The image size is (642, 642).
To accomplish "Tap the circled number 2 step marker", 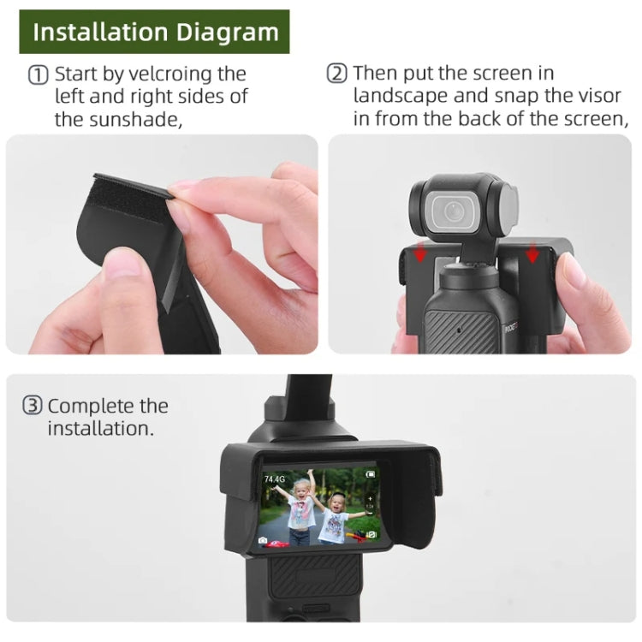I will pyautogui.click(x=337, y=74).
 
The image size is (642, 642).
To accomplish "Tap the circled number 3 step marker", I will pyautogui.click(x=32, y=407).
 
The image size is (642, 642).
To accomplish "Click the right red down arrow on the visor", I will pyautogui.click(x=532, y=254).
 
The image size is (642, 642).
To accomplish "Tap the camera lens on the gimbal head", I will pyautogui.click(x=449, y=209).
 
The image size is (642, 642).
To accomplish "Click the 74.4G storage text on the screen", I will pyautogui.click(x=275, y=479).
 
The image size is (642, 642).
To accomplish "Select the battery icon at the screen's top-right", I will pyautogui.click(x=370, y=473).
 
